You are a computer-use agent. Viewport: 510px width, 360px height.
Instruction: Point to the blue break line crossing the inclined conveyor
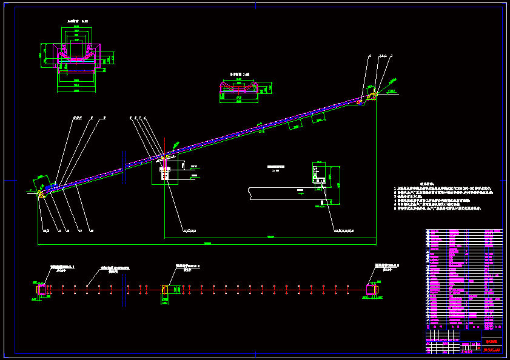tap(124, 167)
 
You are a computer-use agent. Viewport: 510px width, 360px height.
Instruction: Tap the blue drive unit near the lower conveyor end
tap(52, 188)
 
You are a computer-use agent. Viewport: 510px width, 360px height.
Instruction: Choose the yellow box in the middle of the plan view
tap(165, 290)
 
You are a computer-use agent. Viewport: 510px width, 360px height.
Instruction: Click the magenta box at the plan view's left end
tap(41, 290)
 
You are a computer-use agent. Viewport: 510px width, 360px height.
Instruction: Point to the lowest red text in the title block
tap(491, 348)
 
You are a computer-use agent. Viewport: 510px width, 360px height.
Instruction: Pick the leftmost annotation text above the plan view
tap(63, 267)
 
